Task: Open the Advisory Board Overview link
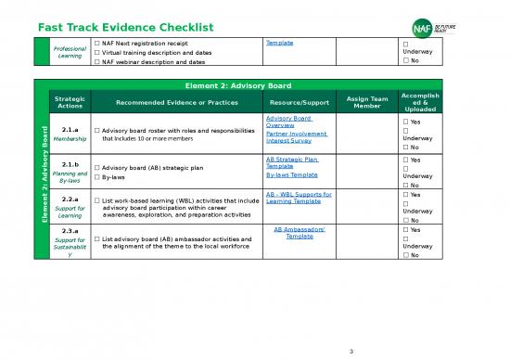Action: click(288, 122)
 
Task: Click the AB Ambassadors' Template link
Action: click(300, 233)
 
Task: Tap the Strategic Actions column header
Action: click(70, 102)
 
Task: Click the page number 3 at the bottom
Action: click(353, 351)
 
